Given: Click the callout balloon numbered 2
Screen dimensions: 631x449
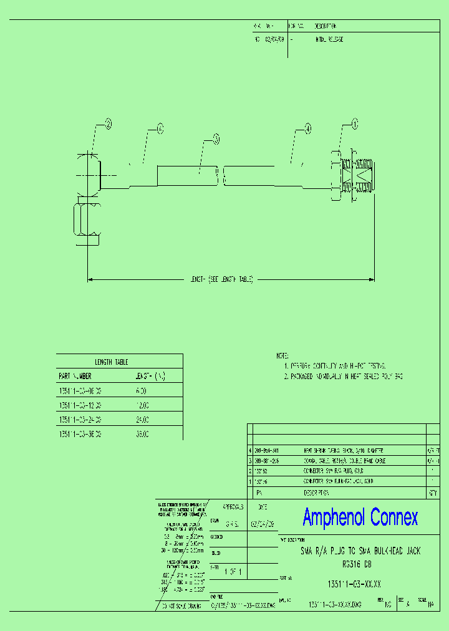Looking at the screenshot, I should (108, 123).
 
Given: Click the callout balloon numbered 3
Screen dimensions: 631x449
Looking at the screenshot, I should (216, 138).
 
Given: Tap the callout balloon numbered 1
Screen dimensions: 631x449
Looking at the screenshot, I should (355, 124).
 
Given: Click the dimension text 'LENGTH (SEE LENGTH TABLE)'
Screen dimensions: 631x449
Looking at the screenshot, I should (221, 280).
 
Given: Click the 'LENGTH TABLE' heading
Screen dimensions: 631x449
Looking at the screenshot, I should (111, 362).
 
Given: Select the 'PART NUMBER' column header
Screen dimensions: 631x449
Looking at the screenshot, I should (75, 376).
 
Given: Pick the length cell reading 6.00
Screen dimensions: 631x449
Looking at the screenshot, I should (141, 391).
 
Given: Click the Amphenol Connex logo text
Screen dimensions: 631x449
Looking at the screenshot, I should (360, 517).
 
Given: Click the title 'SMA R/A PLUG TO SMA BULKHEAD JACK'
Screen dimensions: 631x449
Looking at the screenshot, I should (360, 552).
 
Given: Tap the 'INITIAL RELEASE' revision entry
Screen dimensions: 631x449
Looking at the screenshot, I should (329, 39).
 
